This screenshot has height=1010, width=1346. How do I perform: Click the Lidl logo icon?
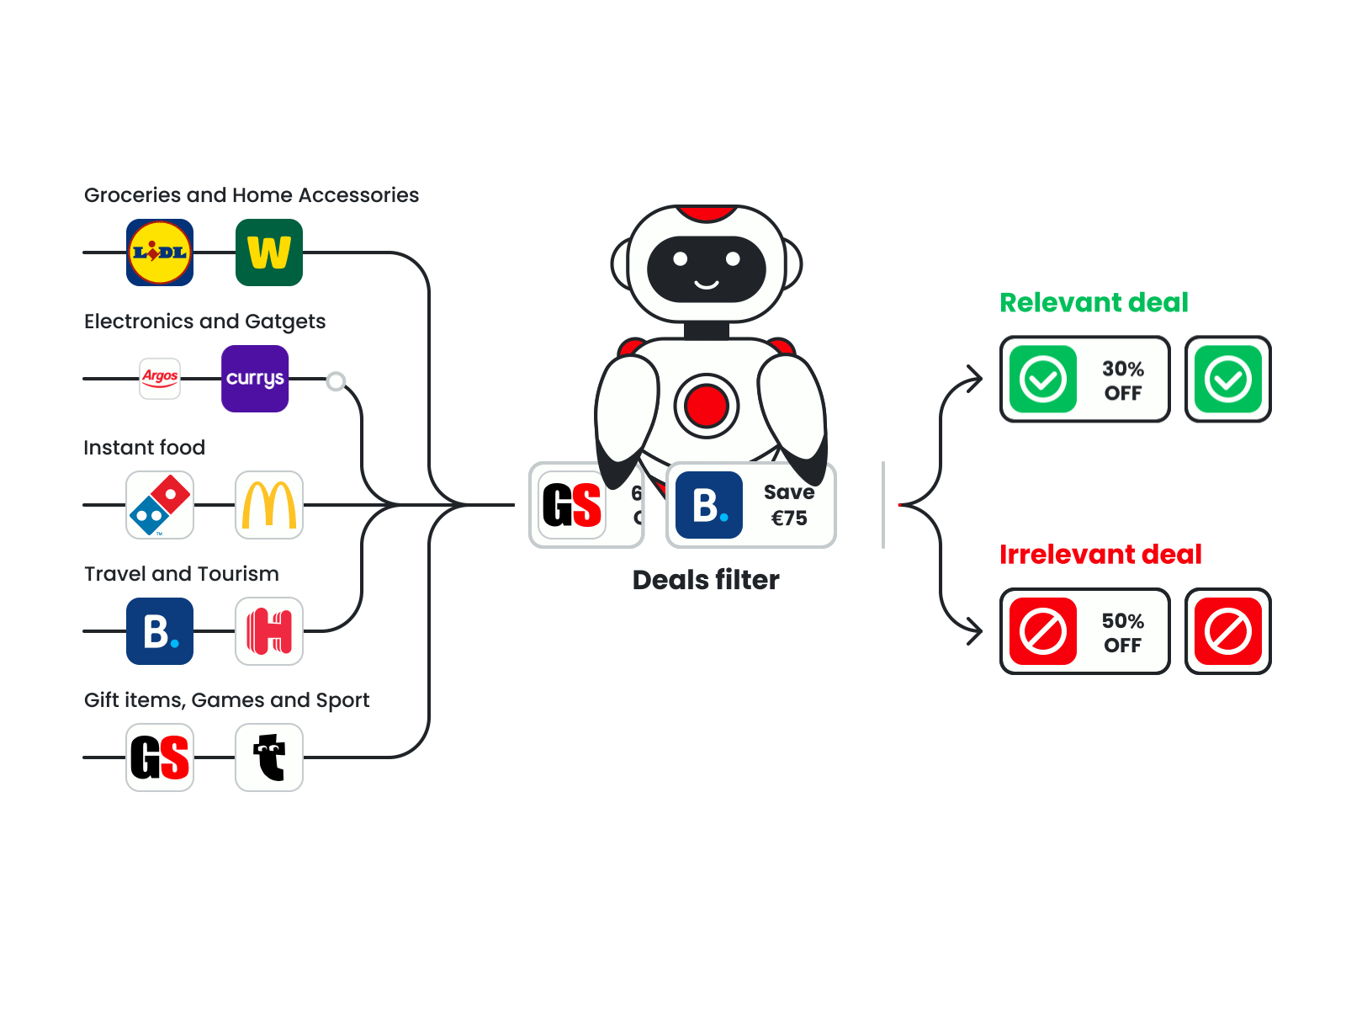coord(160,252)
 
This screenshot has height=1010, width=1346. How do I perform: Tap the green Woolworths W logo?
coord(269,252)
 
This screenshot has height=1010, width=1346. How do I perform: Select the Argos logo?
coord(160,378)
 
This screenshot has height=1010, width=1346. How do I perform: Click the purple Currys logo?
coord(255,379)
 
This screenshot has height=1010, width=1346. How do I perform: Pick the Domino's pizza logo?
coord(160,505)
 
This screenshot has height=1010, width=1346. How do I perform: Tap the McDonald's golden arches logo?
coord(269,505)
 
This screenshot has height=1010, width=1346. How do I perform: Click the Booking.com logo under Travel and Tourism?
coord(160,631)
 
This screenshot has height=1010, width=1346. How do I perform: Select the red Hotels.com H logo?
coord(269,631)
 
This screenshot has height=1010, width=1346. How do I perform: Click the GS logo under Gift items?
coord(160,757)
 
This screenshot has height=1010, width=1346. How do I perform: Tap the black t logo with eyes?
coord(269,757)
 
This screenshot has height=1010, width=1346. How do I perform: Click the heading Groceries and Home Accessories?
coord(252,195)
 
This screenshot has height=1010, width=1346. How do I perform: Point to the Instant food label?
coord(145,448)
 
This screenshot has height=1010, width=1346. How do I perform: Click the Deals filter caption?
coord(706,580)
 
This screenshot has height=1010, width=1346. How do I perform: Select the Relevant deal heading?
coord(1094,303)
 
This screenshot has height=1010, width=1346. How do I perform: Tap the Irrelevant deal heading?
coord(1100,555)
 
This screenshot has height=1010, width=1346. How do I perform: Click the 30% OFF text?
coord(1123,380)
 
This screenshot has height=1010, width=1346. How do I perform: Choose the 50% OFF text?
coord(1123,633)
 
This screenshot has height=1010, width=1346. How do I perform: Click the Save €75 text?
coord(789,505)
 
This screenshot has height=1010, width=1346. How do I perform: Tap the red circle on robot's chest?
coord(707,406)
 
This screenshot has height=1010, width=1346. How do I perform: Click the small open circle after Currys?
coord(336,381)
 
